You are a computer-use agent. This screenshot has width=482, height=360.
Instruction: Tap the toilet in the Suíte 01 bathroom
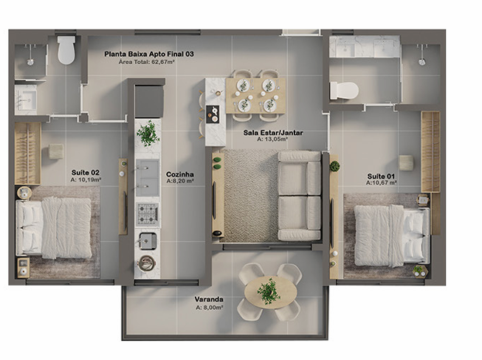pos(344,90)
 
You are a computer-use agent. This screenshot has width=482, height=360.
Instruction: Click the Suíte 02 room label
pos(86,173)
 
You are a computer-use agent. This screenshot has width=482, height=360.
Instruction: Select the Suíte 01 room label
pos(381,176)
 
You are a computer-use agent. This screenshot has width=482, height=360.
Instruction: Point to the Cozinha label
pos(180,174)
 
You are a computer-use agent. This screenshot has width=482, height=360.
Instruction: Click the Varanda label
pos(209,300)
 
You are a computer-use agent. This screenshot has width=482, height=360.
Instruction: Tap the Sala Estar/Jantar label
pos(273,133)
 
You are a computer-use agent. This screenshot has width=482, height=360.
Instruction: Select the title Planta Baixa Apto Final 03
pos(149,54)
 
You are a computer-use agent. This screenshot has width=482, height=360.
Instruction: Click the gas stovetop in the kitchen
pos(148,213)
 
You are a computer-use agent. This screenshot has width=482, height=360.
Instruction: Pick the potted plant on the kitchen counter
pos(148,134)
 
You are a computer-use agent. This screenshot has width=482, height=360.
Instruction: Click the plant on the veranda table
pos(269,291)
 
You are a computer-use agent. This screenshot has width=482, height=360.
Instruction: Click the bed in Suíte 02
pos(54,227)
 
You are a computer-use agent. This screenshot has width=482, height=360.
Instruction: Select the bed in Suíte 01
pos(392,235)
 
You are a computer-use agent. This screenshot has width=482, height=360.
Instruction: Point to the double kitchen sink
pos(148,178)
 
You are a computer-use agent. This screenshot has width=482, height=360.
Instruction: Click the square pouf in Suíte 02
pos(56,152)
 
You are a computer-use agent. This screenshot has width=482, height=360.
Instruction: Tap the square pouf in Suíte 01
pos(406,163)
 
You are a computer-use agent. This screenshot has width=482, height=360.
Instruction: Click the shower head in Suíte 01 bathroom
pos(422,62)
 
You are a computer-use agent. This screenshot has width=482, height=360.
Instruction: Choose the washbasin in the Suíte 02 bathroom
pos(26,100)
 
